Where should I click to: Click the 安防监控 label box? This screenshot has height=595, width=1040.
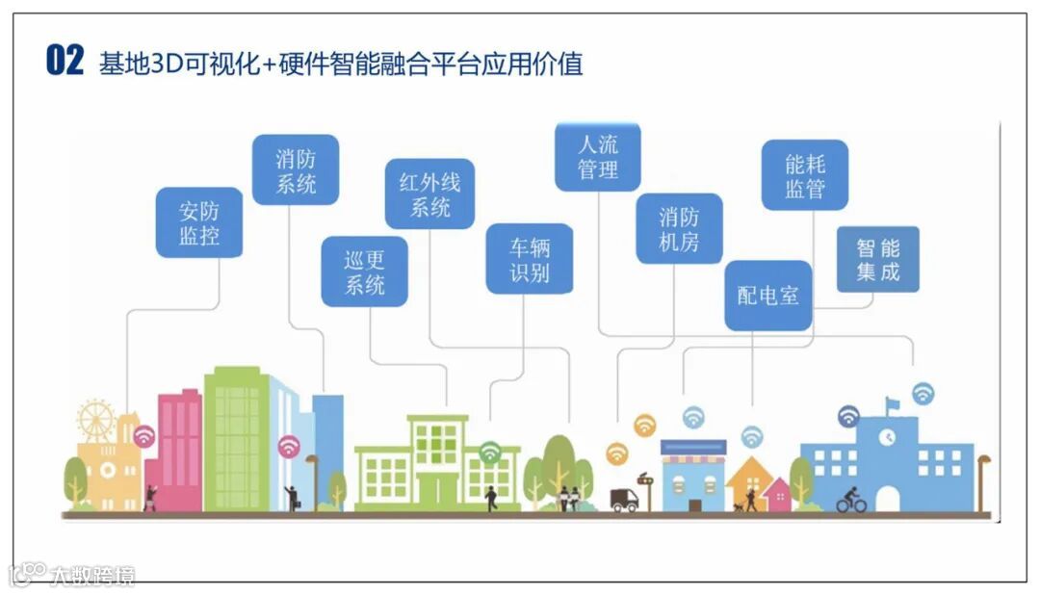coord(199,222)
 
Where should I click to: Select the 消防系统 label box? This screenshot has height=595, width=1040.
coord(296,169)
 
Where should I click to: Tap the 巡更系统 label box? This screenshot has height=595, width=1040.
coord(364,272)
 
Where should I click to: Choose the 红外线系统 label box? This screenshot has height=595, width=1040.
coord(429,194)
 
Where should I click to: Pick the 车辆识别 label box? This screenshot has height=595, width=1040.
coord(529,258)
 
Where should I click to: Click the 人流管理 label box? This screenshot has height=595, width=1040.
coord(597,157)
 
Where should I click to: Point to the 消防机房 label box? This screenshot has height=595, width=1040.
coord(679,228)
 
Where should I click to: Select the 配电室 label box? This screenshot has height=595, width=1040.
coord(767,296)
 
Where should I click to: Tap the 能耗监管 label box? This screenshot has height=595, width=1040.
coord(804,175)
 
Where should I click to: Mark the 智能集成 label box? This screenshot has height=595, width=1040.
coord(877,259)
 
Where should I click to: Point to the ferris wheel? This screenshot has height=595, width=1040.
coord(96,421)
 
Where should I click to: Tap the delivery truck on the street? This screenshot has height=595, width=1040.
coord(623,499)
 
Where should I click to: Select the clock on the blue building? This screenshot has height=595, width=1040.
coord(886,436)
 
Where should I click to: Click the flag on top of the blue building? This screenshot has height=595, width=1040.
coord(893,402)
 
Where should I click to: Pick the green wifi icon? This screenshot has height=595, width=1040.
coord(490,452)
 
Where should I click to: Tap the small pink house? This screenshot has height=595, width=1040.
coord(776,495)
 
